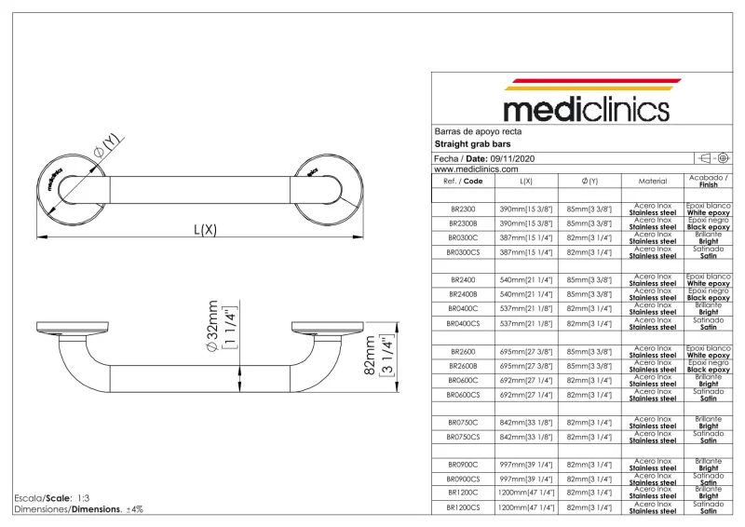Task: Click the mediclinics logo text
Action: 586,109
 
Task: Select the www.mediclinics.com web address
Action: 476,169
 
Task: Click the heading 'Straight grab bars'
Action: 472,144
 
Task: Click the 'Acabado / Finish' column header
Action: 708,181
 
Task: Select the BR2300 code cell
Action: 463,209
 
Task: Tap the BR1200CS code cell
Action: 463,507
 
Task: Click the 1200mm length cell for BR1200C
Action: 526,493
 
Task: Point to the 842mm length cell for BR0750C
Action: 526,422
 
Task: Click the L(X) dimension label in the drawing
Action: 205,229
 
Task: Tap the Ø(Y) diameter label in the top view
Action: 104,147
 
